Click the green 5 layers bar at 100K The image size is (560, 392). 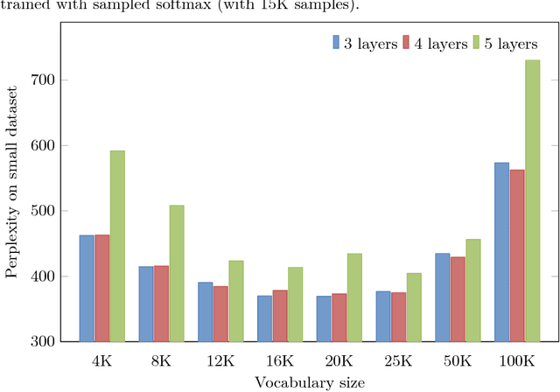533,200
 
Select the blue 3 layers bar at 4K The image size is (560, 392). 86,288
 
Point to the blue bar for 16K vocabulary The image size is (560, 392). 264,318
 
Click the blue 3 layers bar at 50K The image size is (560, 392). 442,297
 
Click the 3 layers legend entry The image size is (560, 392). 357,43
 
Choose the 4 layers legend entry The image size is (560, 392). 429,43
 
